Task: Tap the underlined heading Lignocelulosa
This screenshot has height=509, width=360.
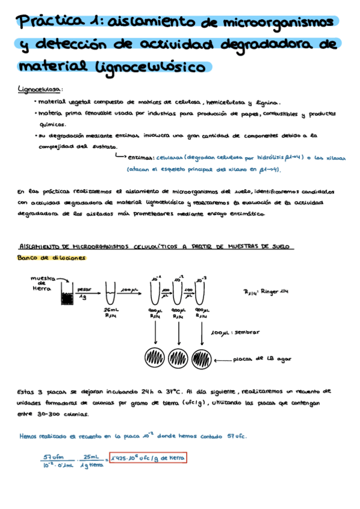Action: click(40, 89)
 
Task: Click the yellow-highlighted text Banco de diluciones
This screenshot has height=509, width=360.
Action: click(52, 258)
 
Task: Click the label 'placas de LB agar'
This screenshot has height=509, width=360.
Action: click(270, 359)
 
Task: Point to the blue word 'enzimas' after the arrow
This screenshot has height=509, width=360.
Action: click(140, 156)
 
